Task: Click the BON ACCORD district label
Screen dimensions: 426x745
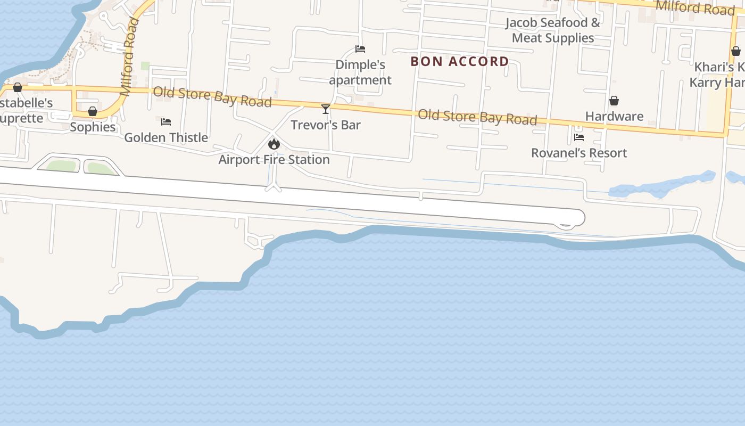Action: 460,61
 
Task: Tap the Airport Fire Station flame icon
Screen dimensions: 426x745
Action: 274,144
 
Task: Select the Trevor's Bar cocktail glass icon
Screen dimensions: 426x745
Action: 326,109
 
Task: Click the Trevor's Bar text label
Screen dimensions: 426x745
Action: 326,125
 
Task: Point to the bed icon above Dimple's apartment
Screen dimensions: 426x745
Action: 360,49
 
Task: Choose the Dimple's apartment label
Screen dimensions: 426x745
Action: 360,72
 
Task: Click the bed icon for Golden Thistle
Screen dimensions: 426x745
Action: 166,122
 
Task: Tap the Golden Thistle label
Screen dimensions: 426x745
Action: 166,137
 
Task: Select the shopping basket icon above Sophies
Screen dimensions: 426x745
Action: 93,111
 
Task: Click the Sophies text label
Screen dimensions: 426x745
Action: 93,127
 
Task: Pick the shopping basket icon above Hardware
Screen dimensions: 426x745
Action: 614,101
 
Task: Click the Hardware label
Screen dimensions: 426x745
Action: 614,116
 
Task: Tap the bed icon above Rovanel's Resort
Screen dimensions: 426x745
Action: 579,137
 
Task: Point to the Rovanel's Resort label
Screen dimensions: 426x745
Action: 579,153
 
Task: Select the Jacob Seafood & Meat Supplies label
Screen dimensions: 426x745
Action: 553,30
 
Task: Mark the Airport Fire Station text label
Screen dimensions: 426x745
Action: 274,159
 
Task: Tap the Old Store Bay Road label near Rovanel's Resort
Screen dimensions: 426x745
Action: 477,117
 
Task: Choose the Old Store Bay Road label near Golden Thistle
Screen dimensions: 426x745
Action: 212,97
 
